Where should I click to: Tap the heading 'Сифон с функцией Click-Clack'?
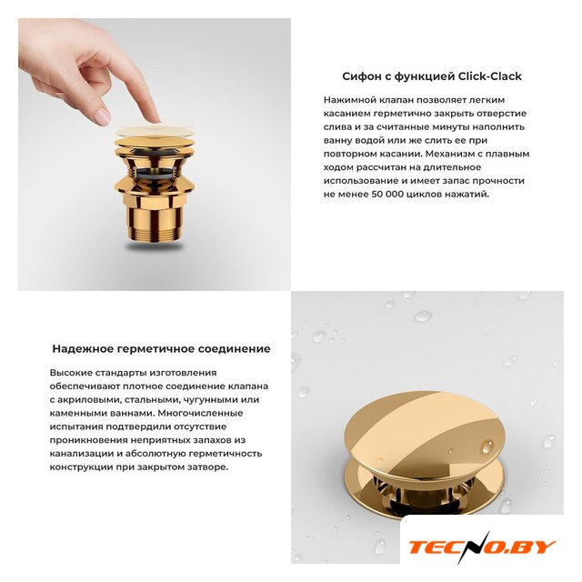pyautogui.click(x=432, y=76)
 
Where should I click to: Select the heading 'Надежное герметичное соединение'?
pyautogui.click(x=162, y=349)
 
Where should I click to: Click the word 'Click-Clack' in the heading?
pyautogui.click(x=490, y=76)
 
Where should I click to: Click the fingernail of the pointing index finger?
pyautogui.click(x=103, y=116)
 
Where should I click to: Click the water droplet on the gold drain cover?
pyautogui.click(x=487, y=447)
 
